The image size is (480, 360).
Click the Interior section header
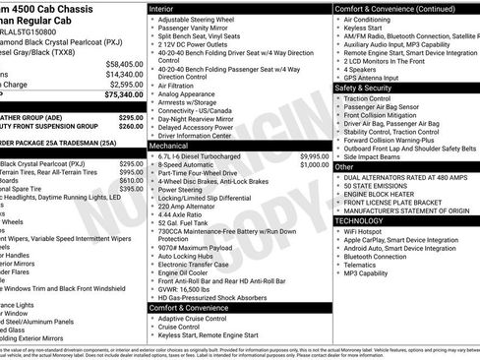(168, 8)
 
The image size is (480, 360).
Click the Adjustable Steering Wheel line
(201, 20)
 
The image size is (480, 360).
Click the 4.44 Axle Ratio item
(186, 212)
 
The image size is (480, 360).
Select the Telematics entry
(365, 264)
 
